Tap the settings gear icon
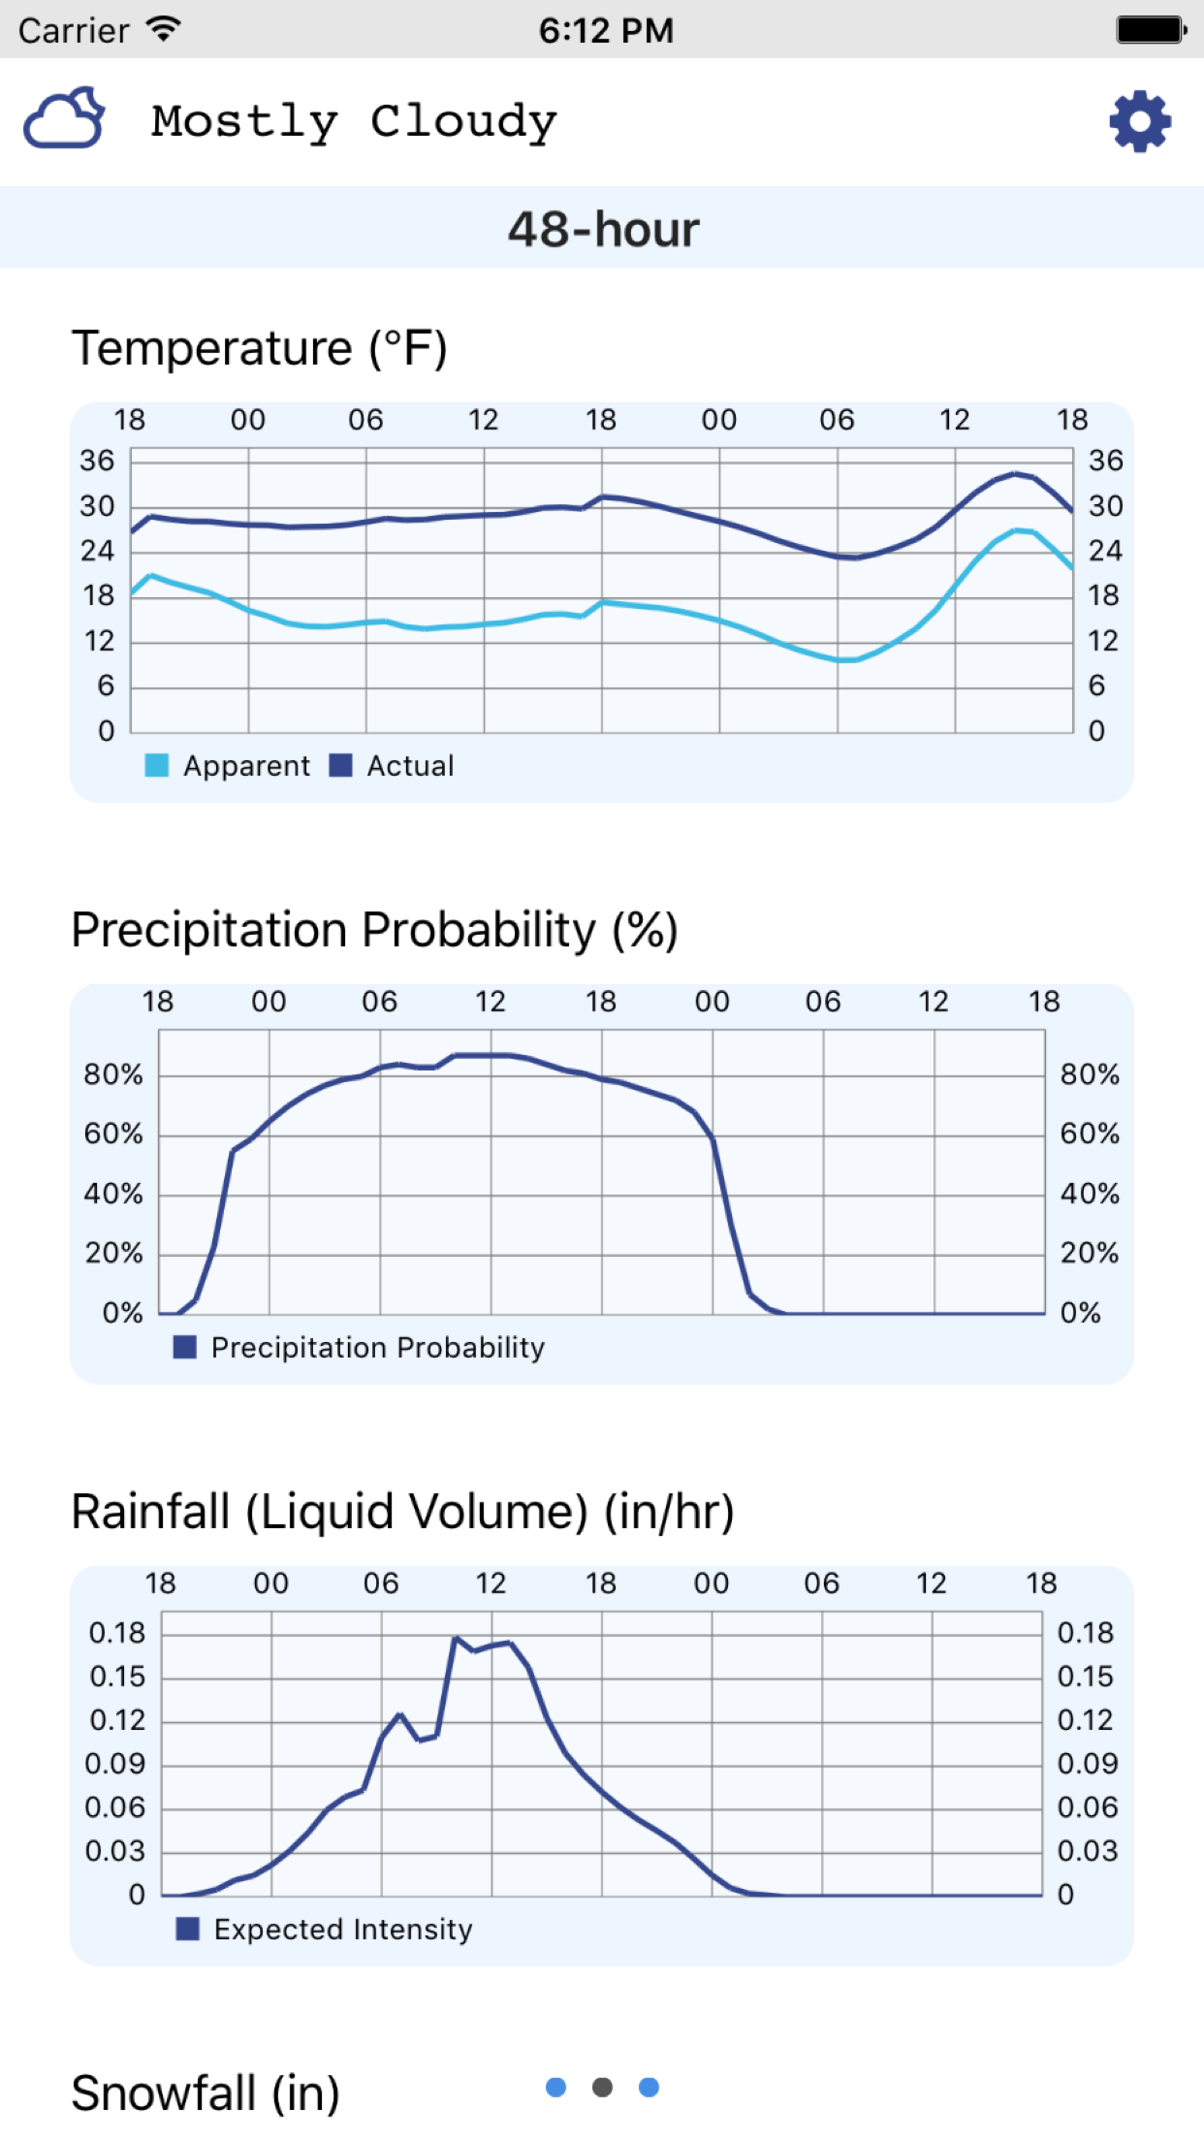pyautogui.click(x=1140, y=122)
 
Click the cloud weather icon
pyautogui.click(x=64, y=119)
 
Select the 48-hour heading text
pyautogui.click(x=603, y=230)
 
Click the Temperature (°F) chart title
pyautogui.click(x=260, y=348)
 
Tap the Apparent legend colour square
pyautogui.click(x=156, y=766)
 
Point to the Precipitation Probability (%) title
pyautogui.click(x=374, y=930)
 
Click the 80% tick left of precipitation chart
pyautogui.click(x=112, y=1074)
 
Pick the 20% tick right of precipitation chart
pyautogui.click(x=1090, y=1254)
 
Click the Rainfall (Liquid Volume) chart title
pyautogui.click(x=403, y=1512)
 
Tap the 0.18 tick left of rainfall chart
pyautogui.click(x=116, y=1633)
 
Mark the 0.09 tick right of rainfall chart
pyautogui.click(x=1087, y=1764)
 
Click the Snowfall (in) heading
pyautogui.click(x=206, y=2093)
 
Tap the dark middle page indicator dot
pyautogui.click(x=602, y=2088)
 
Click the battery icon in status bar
pyautogui.click(x=1151, y=30)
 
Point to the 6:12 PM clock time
pyautogui.click(x=606, y=30)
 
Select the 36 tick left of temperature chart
pyautogui.click(x=97, y=461)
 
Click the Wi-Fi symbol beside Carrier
pyautogui.click(x=165, y=29)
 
